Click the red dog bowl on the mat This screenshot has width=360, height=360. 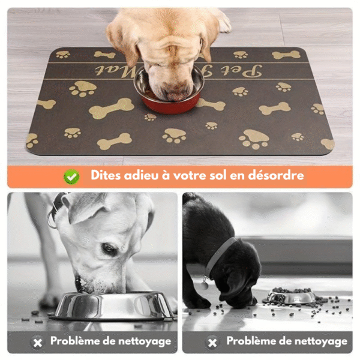tap(172, 102)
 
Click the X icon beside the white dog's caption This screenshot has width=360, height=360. tap(38, 342)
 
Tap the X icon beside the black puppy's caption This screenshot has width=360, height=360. tap(212, 342)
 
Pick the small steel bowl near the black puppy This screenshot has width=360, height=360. tap(292, 296)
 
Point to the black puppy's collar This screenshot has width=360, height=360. tap(219, 255)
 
